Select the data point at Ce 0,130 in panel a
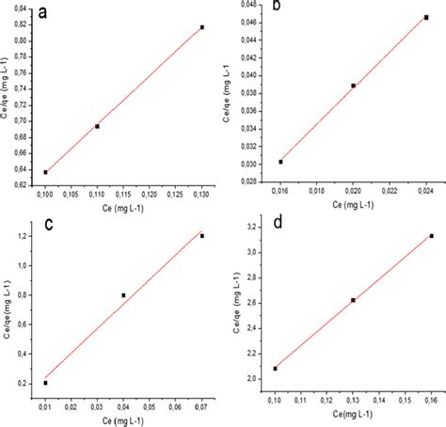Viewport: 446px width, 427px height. coord(202,27)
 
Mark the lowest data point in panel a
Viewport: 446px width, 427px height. coord(45,172)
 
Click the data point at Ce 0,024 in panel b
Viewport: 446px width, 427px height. coord(425,17)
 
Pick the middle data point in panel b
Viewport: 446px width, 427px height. coord(353,86)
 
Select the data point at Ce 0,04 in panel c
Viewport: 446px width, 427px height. coord(123,295)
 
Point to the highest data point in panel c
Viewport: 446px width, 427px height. coord(202,236)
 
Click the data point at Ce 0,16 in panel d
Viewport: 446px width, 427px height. coord(431,236)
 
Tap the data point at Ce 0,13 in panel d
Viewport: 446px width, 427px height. coord(353,300)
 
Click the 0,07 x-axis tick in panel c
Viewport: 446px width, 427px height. coord(201,404)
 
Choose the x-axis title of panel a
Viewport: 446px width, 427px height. coord(122,209)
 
